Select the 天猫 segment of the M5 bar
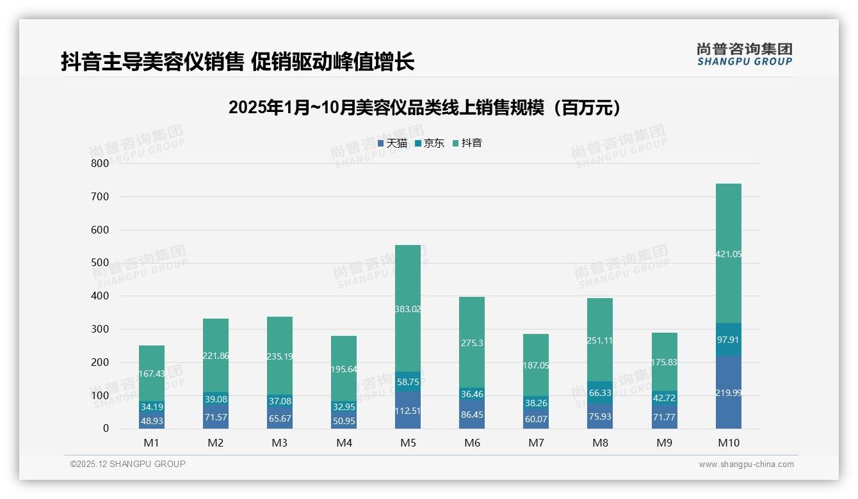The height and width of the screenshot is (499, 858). (408, 410)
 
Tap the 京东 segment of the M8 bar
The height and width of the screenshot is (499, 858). (600, 392)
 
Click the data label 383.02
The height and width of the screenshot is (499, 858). (408, 309)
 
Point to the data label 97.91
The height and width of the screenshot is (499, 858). (728, 340)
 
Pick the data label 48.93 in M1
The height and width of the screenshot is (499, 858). (152, 421)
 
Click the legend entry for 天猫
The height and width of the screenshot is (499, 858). (393, 143)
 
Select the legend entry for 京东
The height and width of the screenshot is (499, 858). (430, 143)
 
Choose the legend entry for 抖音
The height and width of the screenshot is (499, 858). (467, 143)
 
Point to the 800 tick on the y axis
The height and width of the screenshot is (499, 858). (100, 163)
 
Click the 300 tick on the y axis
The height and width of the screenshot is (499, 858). (100, 329)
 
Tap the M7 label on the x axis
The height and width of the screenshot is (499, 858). (536, 443)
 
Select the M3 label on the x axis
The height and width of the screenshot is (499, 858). (280, 443)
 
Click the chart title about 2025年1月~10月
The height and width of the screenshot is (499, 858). (425, 107)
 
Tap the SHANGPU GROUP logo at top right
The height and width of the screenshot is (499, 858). (744, 54)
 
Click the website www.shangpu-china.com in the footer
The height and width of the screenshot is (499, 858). (746, 464)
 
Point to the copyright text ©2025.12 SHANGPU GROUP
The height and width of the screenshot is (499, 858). (128, 464)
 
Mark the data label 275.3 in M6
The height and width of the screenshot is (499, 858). (472, 343)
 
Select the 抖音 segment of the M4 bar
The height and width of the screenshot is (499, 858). (344, 368)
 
